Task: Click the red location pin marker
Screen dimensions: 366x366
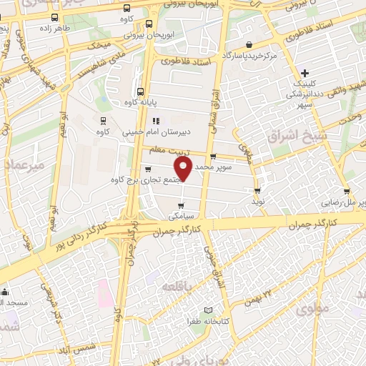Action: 183,169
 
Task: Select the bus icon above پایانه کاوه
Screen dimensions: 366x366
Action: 140,91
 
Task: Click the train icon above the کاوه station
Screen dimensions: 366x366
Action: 104,119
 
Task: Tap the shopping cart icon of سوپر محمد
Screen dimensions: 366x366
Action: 213,157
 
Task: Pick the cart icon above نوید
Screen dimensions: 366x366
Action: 257,190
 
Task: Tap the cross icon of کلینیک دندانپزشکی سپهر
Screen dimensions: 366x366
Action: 305,72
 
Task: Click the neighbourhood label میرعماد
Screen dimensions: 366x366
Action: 24,165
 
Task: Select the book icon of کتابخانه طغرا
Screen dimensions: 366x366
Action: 208,310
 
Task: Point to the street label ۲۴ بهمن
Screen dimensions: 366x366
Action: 262,295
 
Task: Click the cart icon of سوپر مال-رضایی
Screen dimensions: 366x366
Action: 347,192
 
